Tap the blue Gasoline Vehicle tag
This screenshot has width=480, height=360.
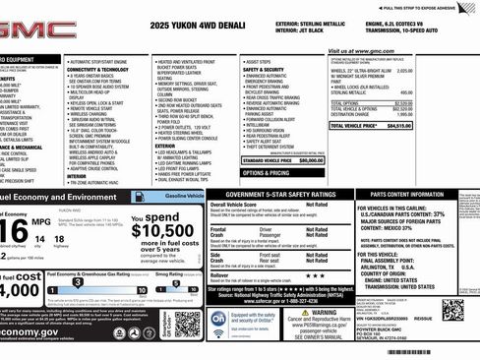click(x=184, y=196)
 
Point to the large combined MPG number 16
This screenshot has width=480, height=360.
click(x=15, y=230)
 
